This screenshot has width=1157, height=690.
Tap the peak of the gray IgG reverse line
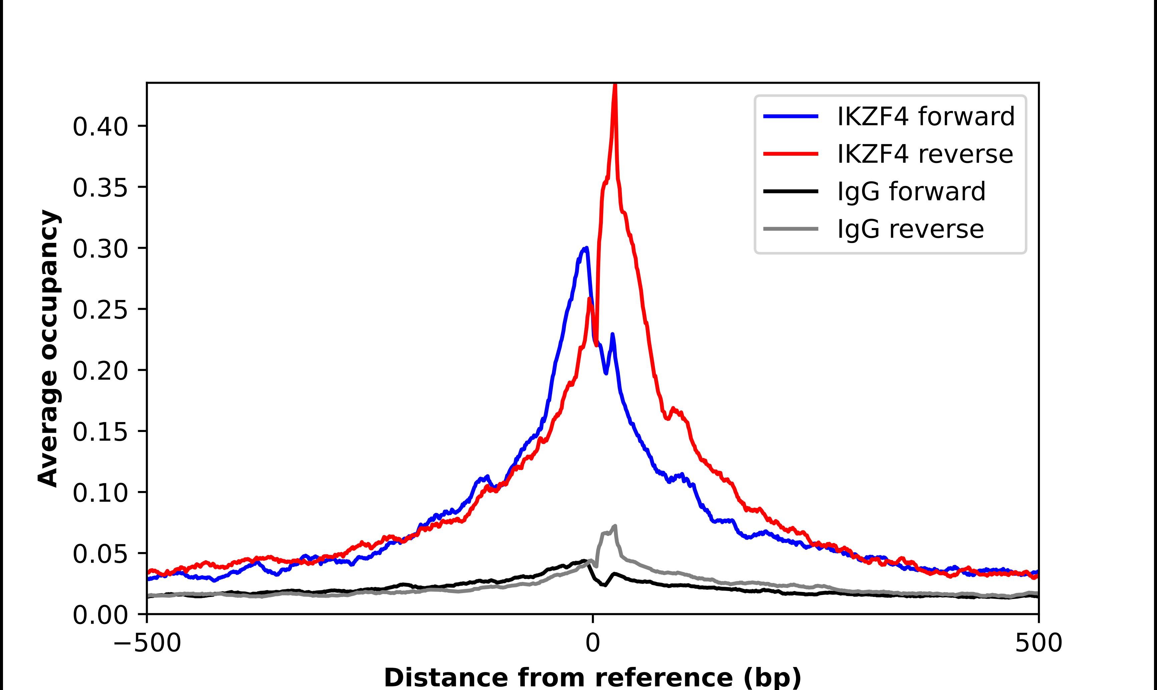tap(615, 526)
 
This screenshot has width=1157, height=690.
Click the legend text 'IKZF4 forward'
tap(925, 116)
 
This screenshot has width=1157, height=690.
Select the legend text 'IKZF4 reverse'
tap(924, 154)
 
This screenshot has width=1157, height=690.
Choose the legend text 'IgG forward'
tap(911, 192)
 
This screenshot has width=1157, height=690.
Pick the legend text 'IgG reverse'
tap(910, 229)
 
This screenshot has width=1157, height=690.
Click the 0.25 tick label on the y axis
tap(100, 310)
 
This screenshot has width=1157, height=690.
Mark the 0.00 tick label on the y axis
tap(100, 615)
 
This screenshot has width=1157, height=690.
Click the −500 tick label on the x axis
tap(147, 644)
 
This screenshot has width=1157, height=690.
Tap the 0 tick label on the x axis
tap(592, 644)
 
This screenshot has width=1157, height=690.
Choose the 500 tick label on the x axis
tap(1038, 644)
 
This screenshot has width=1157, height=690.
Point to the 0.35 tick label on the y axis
tap(100, 188)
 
